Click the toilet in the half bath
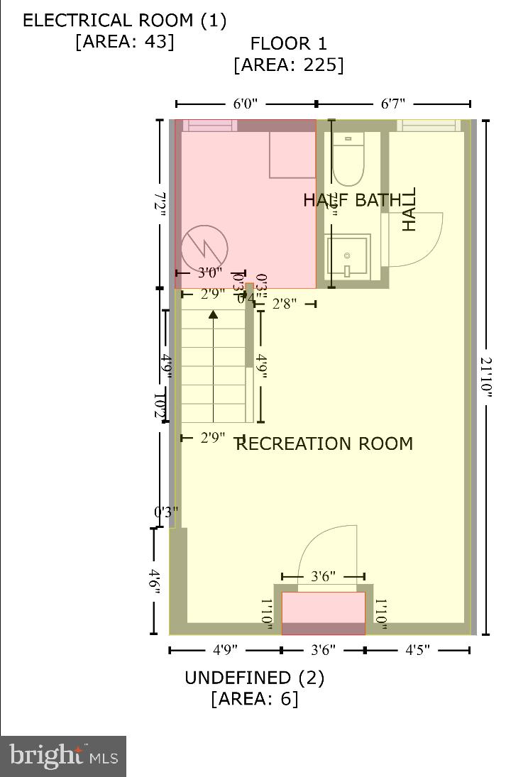(x=348, y=160)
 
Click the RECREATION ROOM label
(x=324, y=444)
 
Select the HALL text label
(x=409, y=209)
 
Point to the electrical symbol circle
(x=204, y=248)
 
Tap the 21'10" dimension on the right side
(x=485, y=379)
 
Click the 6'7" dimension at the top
(x=393, y=104)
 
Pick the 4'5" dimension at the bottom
(x=417, y=650)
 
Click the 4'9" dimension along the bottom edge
(x=225, y=650)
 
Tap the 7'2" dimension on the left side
(x=162, y=204)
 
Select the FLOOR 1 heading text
(x=288, y=44)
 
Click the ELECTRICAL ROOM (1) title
(x=125, y=20)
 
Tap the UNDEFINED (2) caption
(x=254, y=678)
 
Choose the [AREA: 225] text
(x=288, y=65)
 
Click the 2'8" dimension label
(x=285, y=304)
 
